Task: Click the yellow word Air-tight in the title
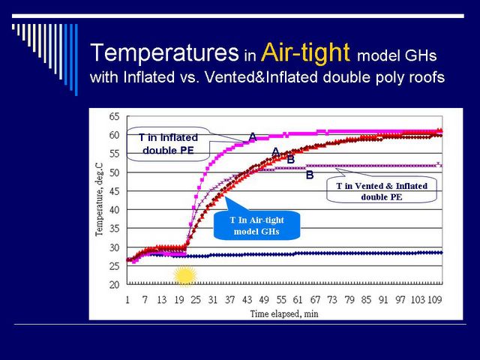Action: pyautogui.click(x=305, y=53)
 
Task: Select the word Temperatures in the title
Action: pyautogui.click(x=164, y=52)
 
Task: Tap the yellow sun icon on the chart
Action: pyautogui.click(x=185, y=276)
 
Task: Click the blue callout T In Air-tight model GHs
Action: pyautogui.click(x=256, y=225)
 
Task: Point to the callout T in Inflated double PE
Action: pyautogui.click(x=168, y=144)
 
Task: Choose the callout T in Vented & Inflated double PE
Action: pyautogui.click(x=382, y=191)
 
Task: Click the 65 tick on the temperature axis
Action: pyautogui.click(x=114, y=117)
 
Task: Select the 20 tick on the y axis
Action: pyautogui.click(x=114, y=285)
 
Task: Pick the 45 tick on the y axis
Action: pyautogui.click(x=114, y=191)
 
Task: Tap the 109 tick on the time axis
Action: pyautogui.click(x=435, y=300)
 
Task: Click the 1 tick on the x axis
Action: pyautogui.click(x=127, y=300)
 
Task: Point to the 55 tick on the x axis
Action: pyautogui.click(x=281, y=300)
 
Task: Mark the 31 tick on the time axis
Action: pyautogui.click(x=213, y=300)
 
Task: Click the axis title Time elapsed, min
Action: pyautogui.click(x=284, y=313)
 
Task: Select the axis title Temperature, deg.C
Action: pyautogui.click(x=99, y=199)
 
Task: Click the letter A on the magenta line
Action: pyautogui.click(x=253, y=136)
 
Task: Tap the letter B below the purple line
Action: pyautogui.click(x=310, y=175)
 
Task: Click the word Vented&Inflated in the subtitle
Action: pyautogui.click(x=262, y=76)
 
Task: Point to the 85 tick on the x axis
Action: pyautogui.click(x=366, y=300)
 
